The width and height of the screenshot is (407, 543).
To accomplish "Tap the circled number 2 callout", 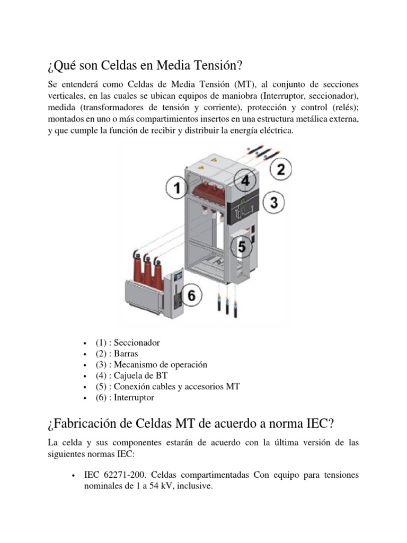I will coord(281,170).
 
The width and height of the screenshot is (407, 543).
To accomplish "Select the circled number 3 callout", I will coord(274,202).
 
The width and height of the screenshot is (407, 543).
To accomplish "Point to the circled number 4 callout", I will coord(245,181).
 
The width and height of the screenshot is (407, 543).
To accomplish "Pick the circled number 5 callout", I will coord(241,247).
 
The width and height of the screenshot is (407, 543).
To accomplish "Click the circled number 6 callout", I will coord(192,295).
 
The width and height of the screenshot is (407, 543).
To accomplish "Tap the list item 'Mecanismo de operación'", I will coord(159,365).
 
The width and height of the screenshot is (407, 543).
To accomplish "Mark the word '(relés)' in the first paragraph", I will coord(342,108).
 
